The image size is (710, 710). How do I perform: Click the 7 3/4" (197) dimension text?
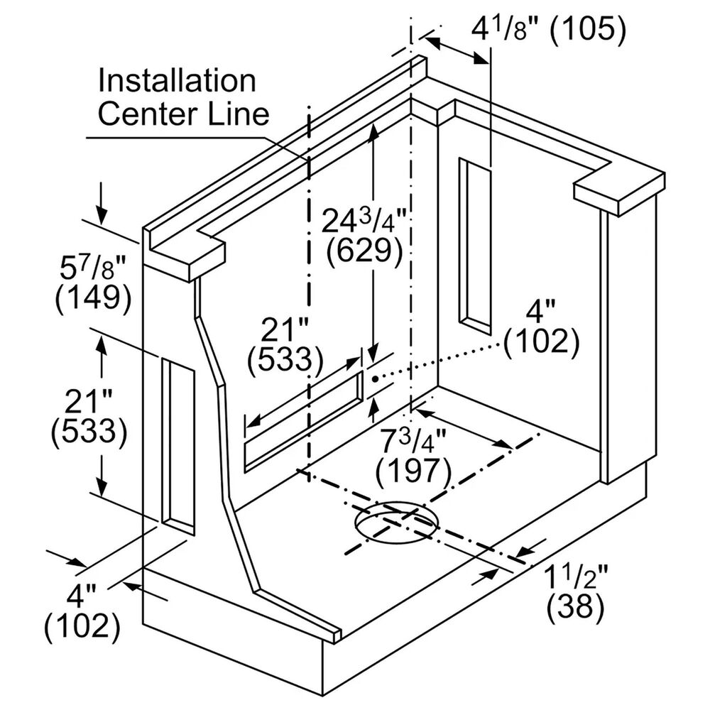pos(414,454)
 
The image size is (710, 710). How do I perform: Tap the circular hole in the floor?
pos(397,523)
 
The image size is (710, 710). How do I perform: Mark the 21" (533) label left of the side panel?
pos(89,417)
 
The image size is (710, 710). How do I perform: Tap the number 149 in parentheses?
pos(93,297)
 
